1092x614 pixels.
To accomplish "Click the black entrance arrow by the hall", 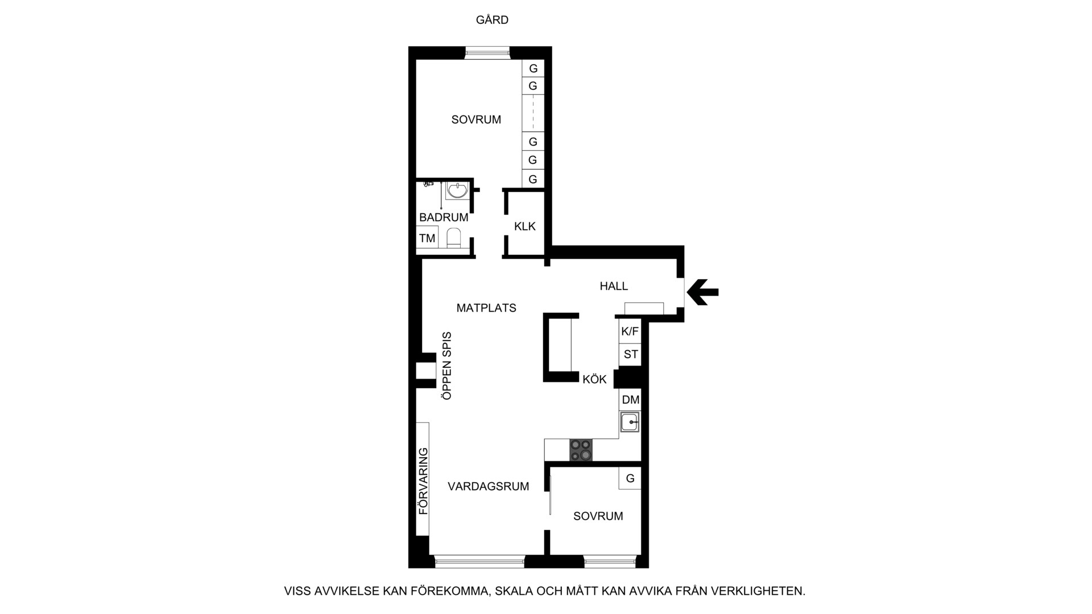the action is click(x=702, y=292).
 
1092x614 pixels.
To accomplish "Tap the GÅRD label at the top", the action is click(x=492, y=20).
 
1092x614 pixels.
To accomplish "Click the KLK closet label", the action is click(x=525, y=226).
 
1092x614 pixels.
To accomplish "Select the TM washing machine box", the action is click(x=427, y=238).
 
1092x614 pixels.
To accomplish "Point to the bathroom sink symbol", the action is click(x=457, y=190).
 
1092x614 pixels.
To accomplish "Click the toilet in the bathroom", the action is click(x=453, y=238).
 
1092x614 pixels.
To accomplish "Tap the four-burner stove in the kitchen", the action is click(x=581, y=450).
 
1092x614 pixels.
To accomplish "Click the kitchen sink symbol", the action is click(x=630, y=422).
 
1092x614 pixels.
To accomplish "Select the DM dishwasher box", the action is click(x=630, y=400).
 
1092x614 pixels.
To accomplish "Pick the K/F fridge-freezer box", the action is click(x=630, y=331).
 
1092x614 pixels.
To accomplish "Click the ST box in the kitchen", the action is click(x=630, y=355).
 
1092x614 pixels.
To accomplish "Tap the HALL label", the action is click(x=614, y=287).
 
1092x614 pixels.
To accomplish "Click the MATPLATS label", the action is click(x=486, y=308).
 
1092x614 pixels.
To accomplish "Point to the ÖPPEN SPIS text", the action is click(x=446, y=366).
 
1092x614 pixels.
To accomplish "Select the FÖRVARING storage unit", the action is click(x=423, y=479).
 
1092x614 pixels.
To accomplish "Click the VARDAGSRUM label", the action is click(x=489, y=487).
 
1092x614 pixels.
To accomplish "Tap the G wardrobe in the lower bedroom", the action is click(x=630, y=478).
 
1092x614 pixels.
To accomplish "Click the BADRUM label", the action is click(x=444, y=217).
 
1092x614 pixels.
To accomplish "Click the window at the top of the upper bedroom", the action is click(x=487, y=53).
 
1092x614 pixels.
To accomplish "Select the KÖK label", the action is click(x=594, y=379).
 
